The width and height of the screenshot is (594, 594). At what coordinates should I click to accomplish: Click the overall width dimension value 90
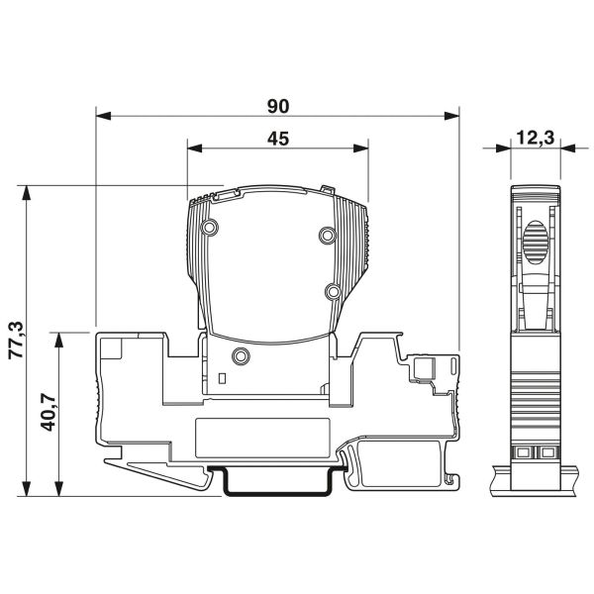point(278,102)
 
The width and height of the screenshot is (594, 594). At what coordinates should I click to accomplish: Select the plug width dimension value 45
point(278,140)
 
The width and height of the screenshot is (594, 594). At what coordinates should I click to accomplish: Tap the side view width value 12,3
point(536,140)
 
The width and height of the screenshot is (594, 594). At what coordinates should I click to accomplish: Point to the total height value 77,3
point(15,340)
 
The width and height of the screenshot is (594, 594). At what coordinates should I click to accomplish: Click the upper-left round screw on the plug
point(209,230)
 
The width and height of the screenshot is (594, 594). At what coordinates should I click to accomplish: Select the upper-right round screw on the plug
point(327,235)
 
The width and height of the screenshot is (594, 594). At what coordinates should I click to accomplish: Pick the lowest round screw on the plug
point(239,356)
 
